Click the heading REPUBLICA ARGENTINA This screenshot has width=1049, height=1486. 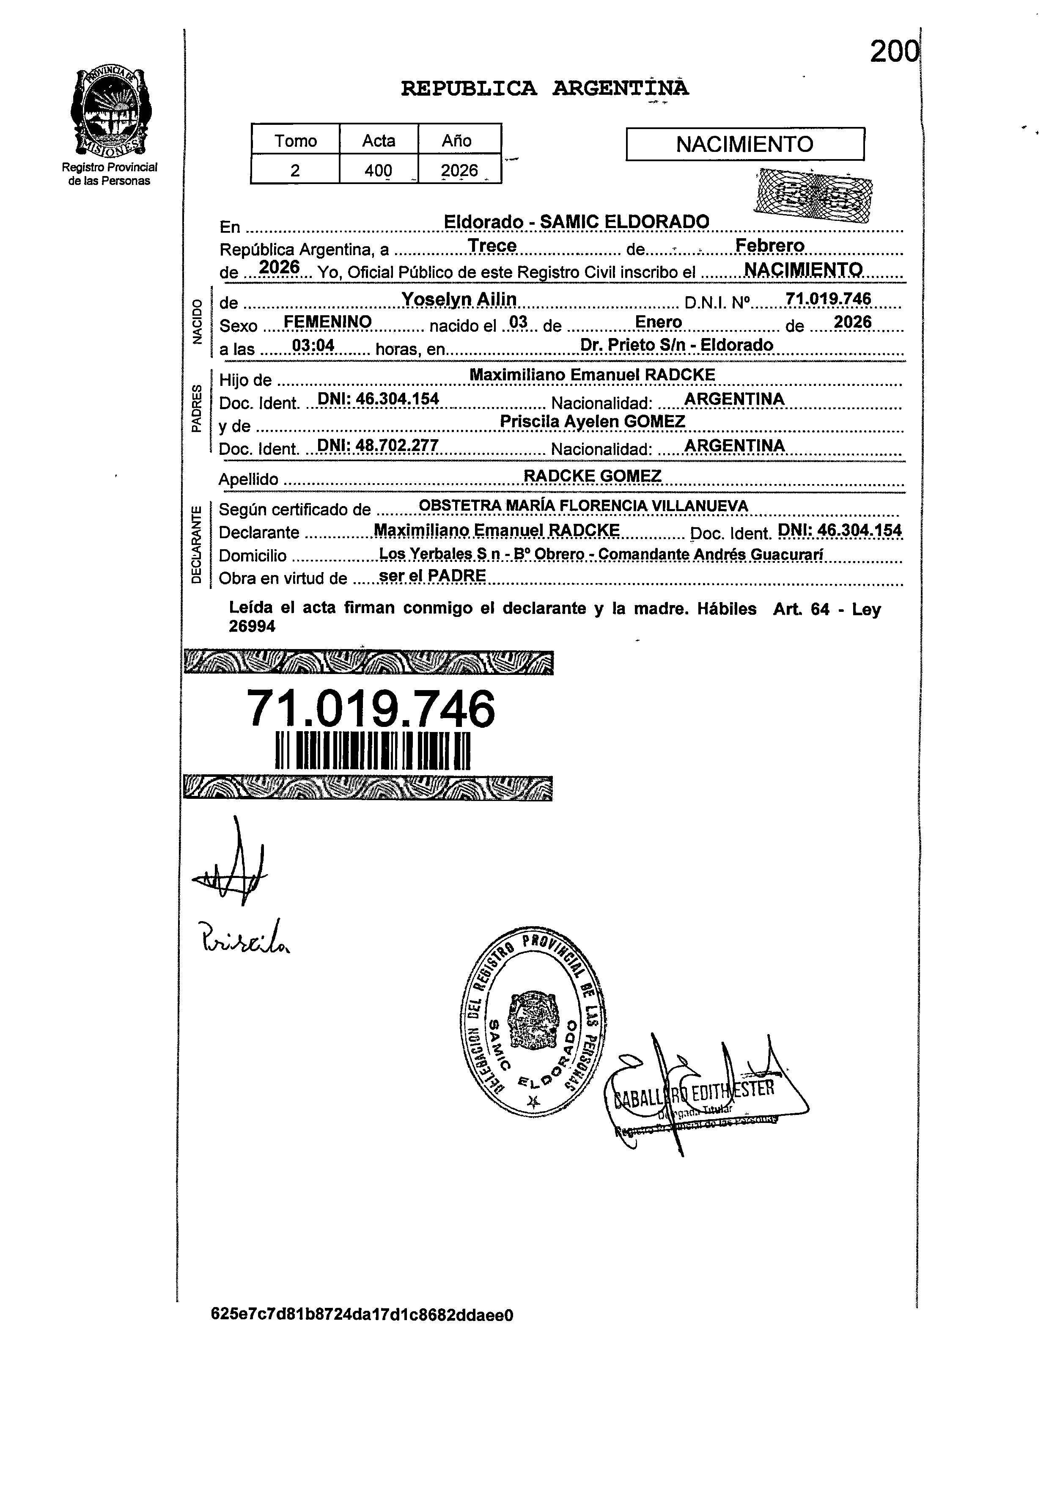544,88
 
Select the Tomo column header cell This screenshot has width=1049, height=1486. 295,140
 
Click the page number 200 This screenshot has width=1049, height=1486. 894,52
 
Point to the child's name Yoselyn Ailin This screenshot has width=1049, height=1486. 459,299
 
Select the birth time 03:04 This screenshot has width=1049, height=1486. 313,346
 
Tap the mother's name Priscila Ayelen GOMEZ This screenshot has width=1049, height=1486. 592,421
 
